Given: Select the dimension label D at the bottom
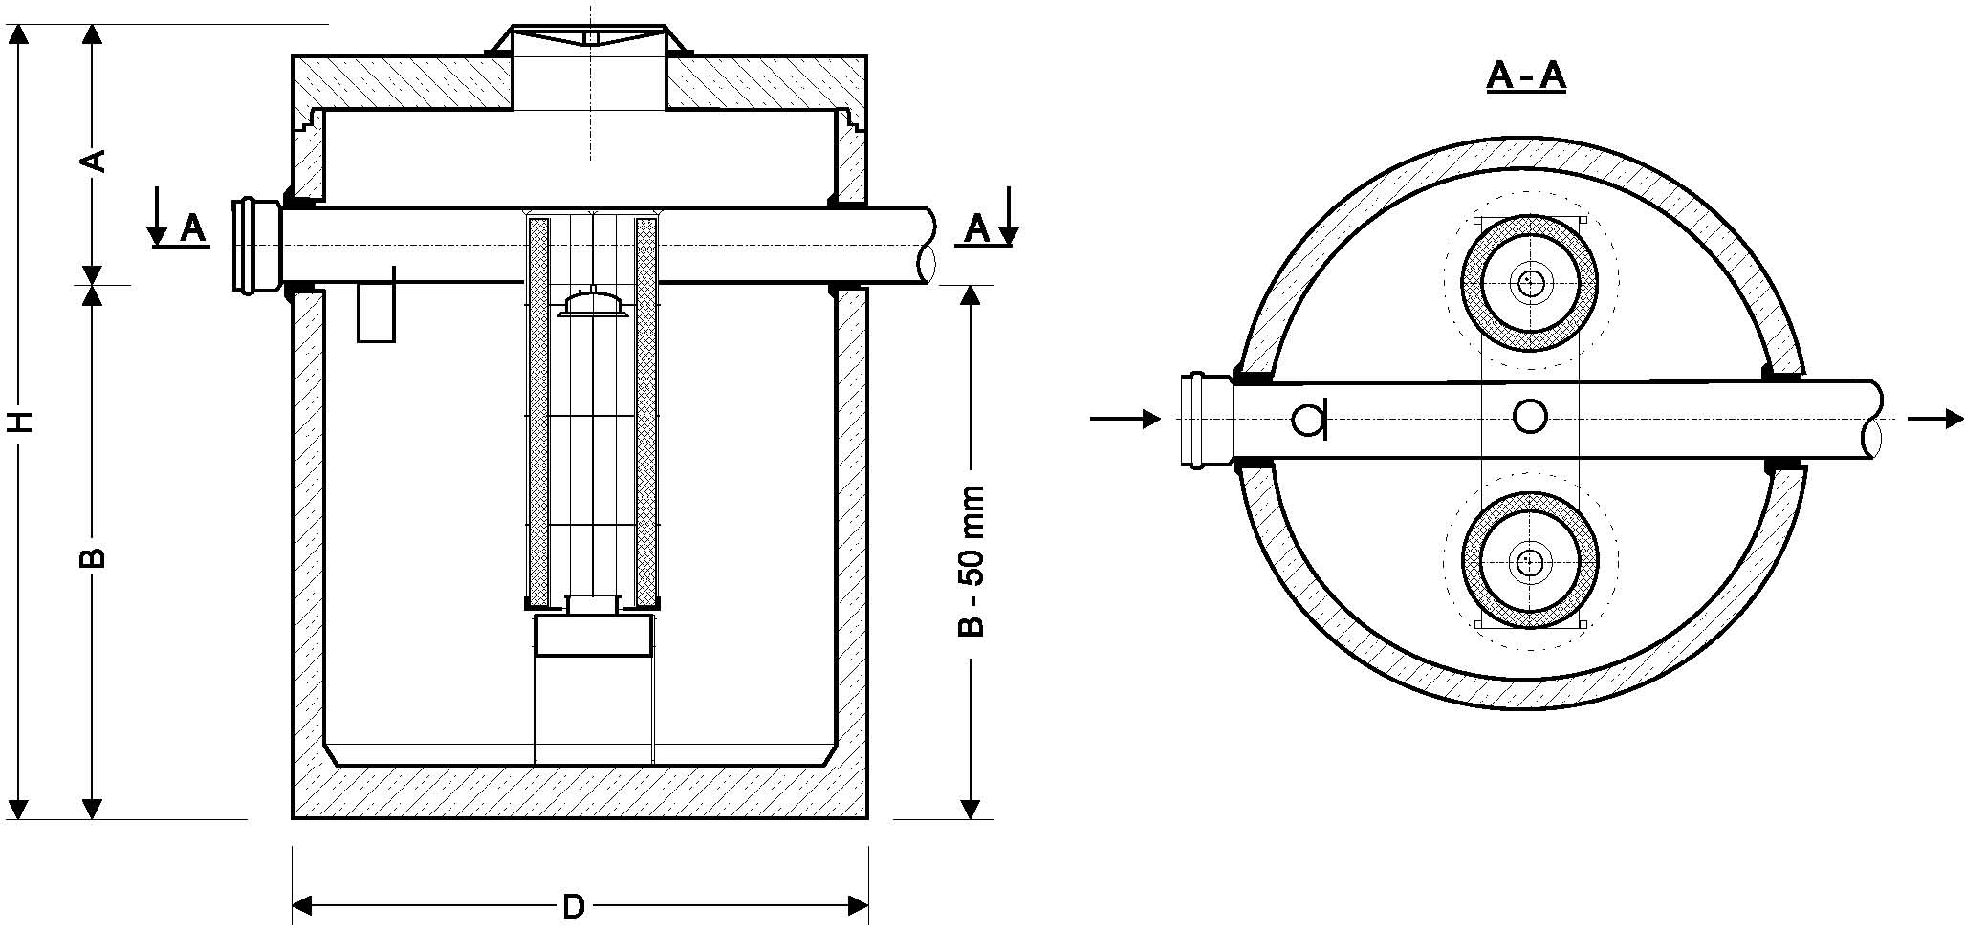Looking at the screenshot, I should (x=573, y=906).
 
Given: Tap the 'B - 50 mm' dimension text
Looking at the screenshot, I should (x=972, y=561).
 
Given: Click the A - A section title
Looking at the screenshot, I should (x=1526, y=76).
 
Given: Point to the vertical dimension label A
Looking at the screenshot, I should (x=93, y=161).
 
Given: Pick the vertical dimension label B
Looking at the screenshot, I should (x=93, y=557).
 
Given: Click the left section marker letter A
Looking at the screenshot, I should (x=192, y=229).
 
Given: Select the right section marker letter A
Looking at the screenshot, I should (x=976, y=229).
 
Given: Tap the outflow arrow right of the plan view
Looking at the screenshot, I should (x=1935, y=419).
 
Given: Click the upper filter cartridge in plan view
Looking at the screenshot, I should (x=1529, y=282).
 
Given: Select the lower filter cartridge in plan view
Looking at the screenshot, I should (x=1529, y=561).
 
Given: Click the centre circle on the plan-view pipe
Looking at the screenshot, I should (x=1530, y=416).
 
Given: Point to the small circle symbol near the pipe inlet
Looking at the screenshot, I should (x=1306, y=419).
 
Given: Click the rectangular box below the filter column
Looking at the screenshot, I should (x=593, y=636).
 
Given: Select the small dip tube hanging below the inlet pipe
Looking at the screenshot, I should (x=376, y=312).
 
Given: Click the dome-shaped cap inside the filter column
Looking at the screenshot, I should (x=593, y=304).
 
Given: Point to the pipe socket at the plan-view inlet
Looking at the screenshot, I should (x=1203, y=421).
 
